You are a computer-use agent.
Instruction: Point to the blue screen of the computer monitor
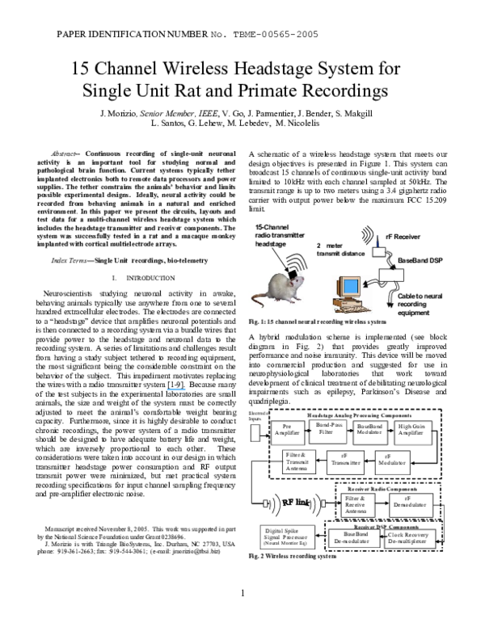pos(351,287)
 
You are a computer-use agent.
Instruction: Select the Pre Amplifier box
pos(286,433)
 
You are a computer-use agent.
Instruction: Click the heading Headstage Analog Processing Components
pos(354,414)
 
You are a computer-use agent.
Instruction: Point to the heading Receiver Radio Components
pos(382,489)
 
